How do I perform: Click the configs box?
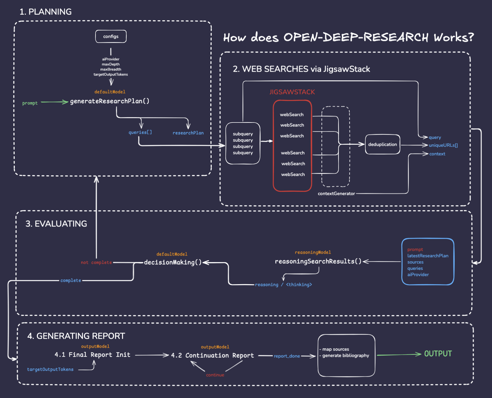coord(111,36)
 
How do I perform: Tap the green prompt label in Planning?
coord(30,103)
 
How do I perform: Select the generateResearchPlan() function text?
coord(110,101)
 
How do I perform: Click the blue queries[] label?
coord(140,132)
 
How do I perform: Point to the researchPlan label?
coord(188,133)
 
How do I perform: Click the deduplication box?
coord(382,145)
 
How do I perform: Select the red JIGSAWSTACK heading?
coord(292,92)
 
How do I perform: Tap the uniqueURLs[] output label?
coord(443,145)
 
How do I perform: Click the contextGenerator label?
coord(336,194)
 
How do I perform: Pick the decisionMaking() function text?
coord(173,262)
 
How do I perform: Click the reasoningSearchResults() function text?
coord(318,261)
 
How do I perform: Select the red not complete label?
coord(96,262)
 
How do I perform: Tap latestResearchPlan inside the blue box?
coord(428,256)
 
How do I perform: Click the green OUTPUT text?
coord(438,354)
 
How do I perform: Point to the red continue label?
coord(215,375)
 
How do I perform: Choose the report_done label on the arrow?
coord(287,356)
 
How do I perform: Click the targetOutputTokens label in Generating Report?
coord(50,370)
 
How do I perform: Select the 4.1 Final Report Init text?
coord(92,355)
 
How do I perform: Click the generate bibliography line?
coord(345,356)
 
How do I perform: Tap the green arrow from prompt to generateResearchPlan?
coord(54,102)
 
